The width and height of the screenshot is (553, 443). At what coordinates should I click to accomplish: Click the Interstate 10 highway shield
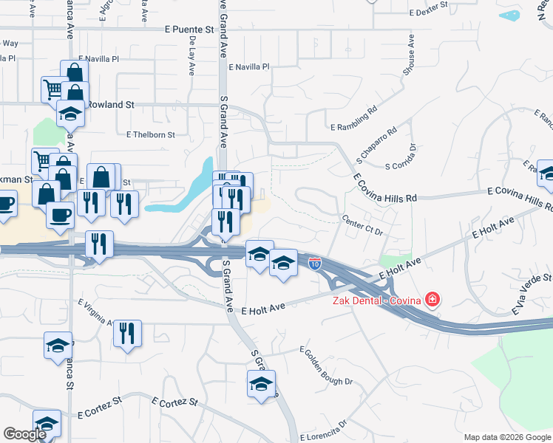[314, 264]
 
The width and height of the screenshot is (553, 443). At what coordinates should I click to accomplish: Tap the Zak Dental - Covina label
[375, 300]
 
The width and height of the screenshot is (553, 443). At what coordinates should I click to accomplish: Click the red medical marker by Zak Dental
[432, 300]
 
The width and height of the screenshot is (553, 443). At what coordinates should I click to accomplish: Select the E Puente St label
[189, 30]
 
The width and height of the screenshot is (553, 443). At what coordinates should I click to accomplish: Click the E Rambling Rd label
[354, 117]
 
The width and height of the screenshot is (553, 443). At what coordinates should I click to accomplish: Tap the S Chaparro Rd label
[376, 144]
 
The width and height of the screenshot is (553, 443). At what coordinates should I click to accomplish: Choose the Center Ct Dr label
[364, 224]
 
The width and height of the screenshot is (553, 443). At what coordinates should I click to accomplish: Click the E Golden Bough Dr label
[326, 365]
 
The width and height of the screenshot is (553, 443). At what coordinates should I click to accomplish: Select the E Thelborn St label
[150, 135]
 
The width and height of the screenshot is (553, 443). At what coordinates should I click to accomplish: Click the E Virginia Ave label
[95, 313]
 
